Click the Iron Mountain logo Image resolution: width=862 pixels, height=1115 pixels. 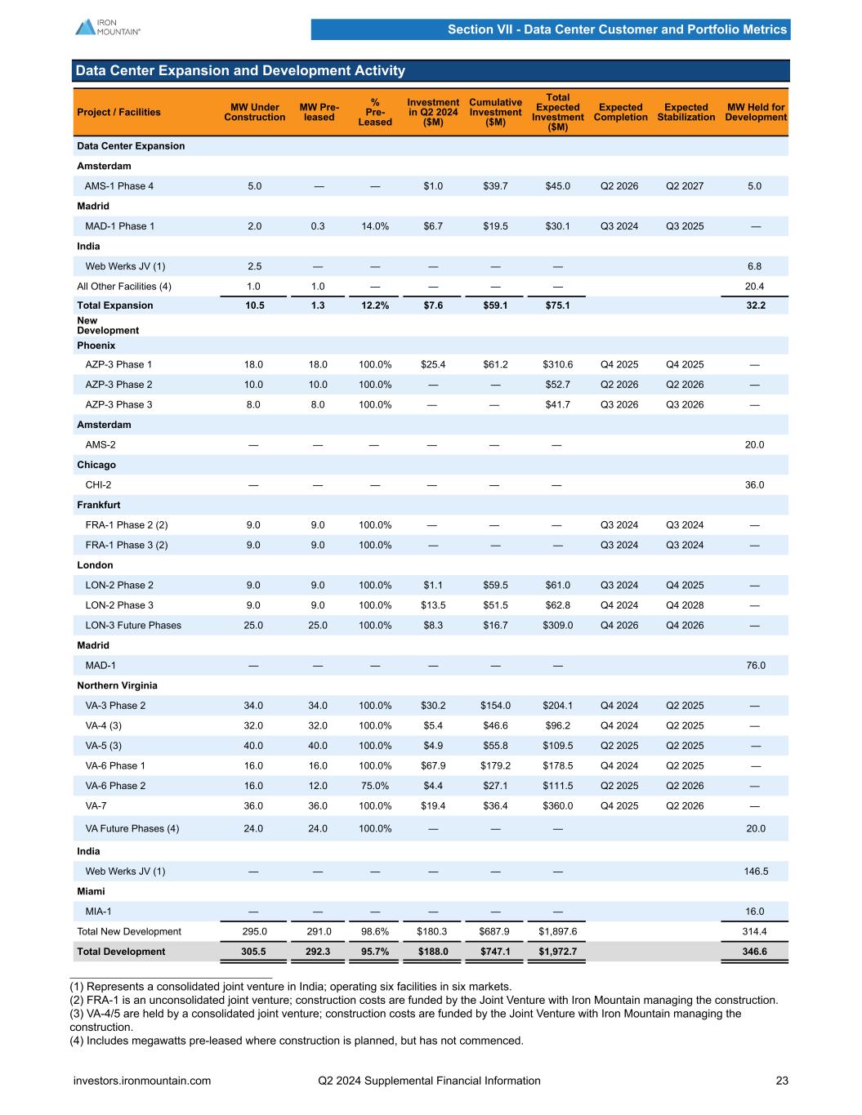(108, 27)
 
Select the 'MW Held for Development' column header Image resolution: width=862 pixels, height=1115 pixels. (755, 112)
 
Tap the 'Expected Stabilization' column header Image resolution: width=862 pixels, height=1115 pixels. (686, 112)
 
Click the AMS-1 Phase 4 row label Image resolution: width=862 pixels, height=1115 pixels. (119, 186)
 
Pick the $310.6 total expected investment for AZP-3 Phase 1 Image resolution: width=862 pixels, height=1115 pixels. (558, 364)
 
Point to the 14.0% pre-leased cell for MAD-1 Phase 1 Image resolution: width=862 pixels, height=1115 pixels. (375, 226)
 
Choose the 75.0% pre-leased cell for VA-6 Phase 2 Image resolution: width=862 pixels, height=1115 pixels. (375, 786)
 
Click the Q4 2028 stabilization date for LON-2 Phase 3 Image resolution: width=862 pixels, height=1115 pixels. (685, 605)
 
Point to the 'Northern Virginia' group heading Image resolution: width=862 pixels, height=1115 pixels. (117, 685)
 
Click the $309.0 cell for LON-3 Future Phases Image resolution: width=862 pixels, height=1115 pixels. (558, 626)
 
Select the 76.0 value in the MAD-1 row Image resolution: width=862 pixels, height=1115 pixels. (755, 666)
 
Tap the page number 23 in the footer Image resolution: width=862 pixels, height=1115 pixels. (782, 1081)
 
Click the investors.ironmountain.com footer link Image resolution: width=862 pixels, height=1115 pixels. (142, 1081)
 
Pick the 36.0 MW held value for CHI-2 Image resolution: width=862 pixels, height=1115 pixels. (755, 485)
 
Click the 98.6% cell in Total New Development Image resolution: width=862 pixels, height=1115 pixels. (375, 931)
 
